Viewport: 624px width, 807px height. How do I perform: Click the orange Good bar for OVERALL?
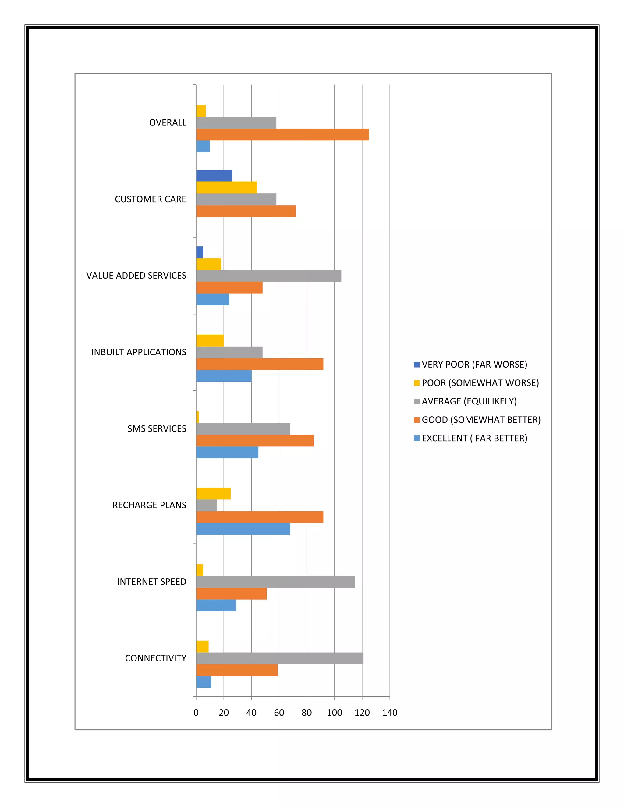point(282,135)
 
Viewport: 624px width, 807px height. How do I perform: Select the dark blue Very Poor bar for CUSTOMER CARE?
point(214,176)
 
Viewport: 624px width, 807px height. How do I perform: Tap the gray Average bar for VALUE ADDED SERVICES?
point(269,276)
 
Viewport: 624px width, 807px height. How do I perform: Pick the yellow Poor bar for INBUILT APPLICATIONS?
point(210,340)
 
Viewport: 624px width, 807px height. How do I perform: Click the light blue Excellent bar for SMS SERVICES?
point(227,452)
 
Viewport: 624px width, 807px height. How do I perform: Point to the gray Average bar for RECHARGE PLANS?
point(206,505)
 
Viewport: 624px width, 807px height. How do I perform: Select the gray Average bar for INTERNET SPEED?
point(275,582)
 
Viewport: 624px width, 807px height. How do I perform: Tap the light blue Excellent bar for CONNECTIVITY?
point(204,682)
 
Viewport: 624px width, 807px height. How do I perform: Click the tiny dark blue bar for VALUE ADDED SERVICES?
point(200,252)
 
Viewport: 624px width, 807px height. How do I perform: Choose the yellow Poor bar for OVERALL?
point(201,111)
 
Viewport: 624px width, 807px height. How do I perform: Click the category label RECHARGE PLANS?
point(149,505)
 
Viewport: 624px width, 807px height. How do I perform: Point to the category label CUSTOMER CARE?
point(151,199)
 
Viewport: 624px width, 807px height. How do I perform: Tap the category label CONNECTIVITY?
point(156,658)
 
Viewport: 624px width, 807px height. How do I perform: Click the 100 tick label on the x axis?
point(334,712)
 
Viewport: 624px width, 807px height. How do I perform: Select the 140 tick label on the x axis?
point(390,712)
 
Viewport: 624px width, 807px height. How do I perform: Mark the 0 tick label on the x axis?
point(196,712)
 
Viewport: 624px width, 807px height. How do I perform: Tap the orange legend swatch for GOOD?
point(417,420)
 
